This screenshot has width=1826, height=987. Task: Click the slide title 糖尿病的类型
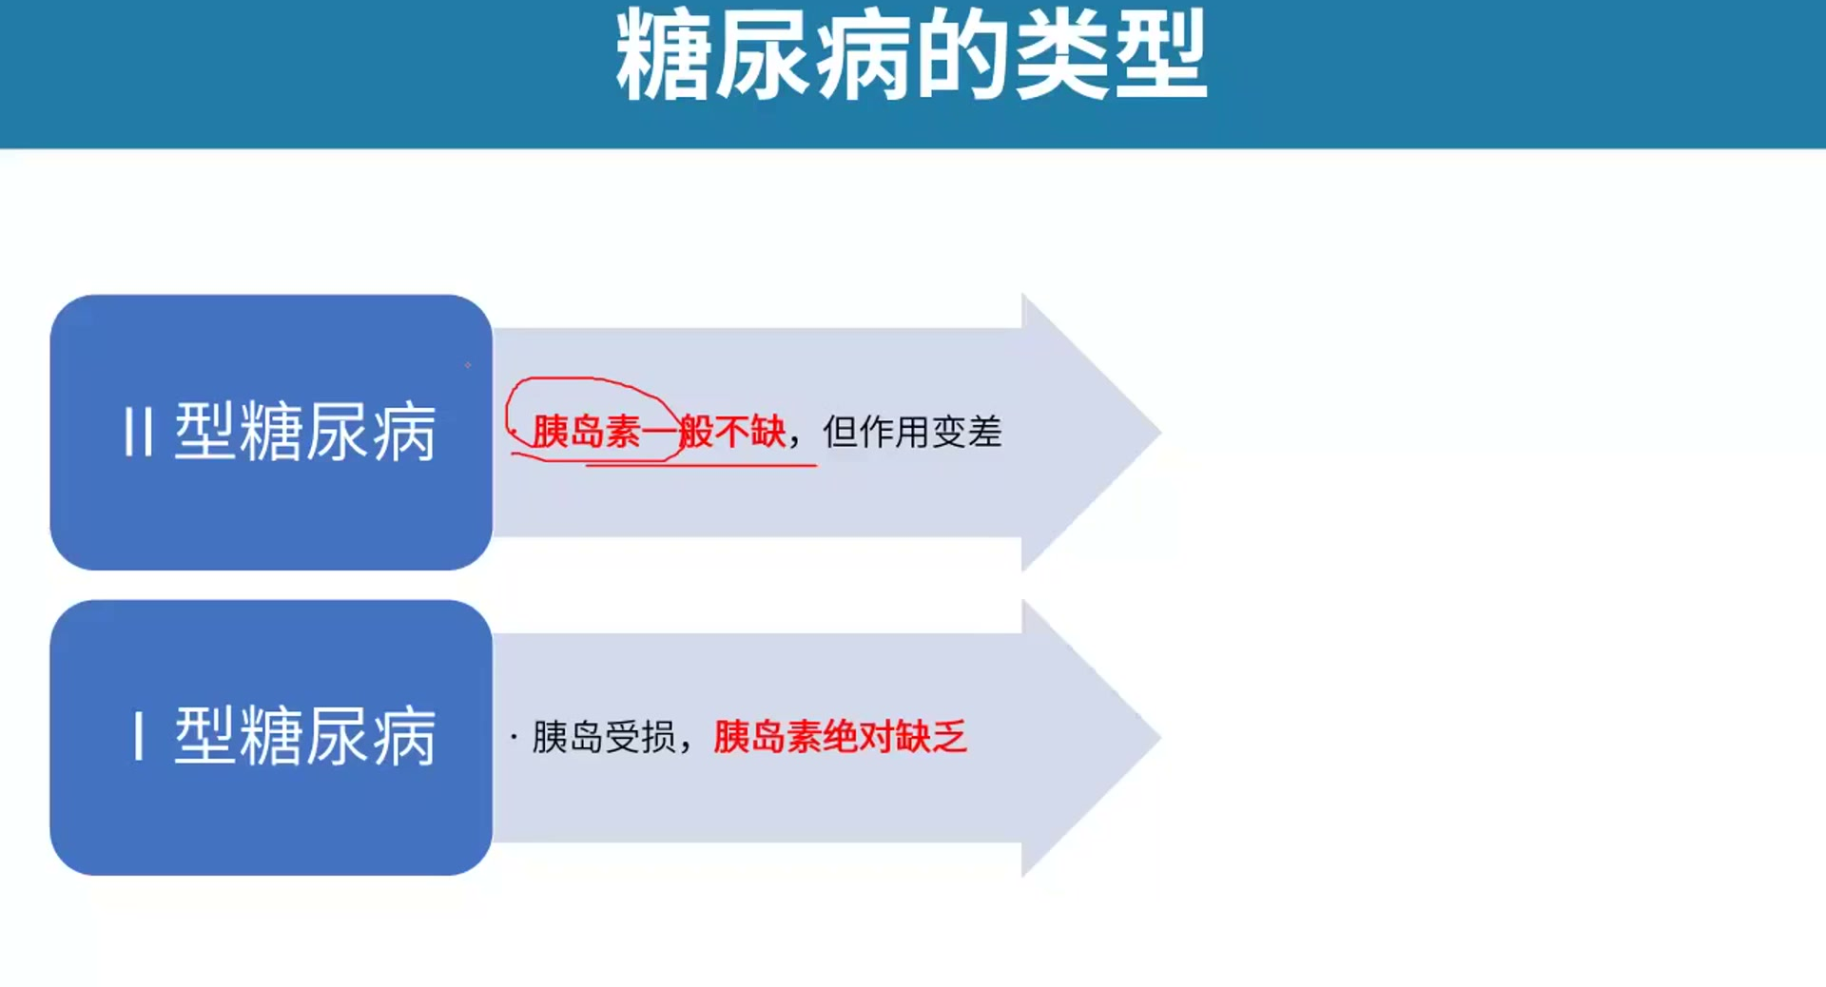click(x=911, y=55)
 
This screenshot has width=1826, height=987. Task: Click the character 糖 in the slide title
click(x=663, y=55)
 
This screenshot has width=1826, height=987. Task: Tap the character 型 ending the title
click(x=1161, y=55)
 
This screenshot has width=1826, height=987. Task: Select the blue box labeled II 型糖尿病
click(x=271, y=432)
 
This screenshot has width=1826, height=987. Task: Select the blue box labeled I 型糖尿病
click(x=271, y=737)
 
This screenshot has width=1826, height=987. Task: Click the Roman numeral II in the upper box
click(x=138, y=432)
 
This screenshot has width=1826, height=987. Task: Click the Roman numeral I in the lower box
click(x=139, y=736)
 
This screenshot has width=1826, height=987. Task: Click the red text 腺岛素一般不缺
click(x=659, y=432)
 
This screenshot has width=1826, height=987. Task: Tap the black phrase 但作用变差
click(x=912, y=432)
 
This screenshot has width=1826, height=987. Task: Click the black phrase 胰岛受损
click(x=604, y=737)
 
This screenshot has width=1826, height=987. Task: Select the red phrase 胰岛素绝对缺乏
click(x=841, y=737)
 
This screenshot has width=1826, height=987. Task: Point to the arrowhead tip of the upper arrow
click(x=1160, y=432)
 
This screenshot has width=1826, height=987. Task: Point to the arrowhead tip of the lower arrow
click(x=1160, y=737)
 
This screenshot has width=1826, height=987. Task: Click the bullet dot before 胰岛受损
click(x=514, y=737)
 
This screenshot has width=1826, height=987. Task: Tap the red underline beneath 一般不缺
click(x=701, y=465)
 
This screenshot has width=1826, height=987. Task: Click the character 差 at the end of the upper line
click(x=984, y=432)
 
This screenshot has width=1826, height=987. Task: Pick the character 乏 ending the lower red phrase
click(x=950, y=737)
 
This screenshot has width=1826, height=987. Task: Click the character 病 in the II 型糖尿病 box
click(x=404, y=432)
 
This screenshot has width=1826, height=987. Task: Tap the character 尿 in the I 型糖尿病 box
click(x=338, y=736)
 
